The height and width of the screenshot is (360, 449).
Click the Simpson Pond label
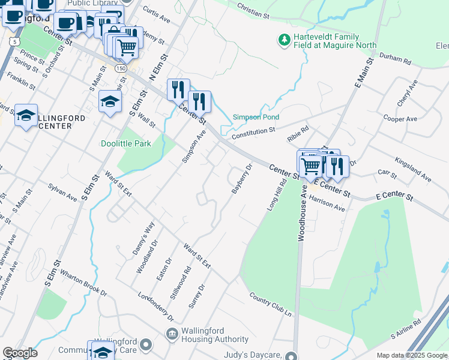click(x=256, y=117)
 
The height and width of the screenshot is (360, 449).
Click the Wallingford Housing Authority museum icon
click(x=172, y=334)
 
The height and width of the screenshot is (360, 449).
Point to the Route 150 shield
click(x=121, y=68)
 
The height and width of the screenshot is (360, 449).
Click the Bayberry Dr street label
click(x=241, y=179)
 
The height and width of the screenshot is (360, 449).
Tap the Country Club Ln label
click(x=270, y=306)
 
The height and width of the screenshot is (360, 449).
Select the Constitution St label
click(x=253, y=130)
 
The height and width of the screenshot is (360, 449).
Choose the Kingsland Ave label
click(x=413, y=170)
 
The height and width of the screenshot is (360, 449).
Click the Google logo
click(x=20, y=353)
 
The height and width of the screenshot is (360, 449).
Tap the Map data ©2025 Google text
click(x=412, y=355)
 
